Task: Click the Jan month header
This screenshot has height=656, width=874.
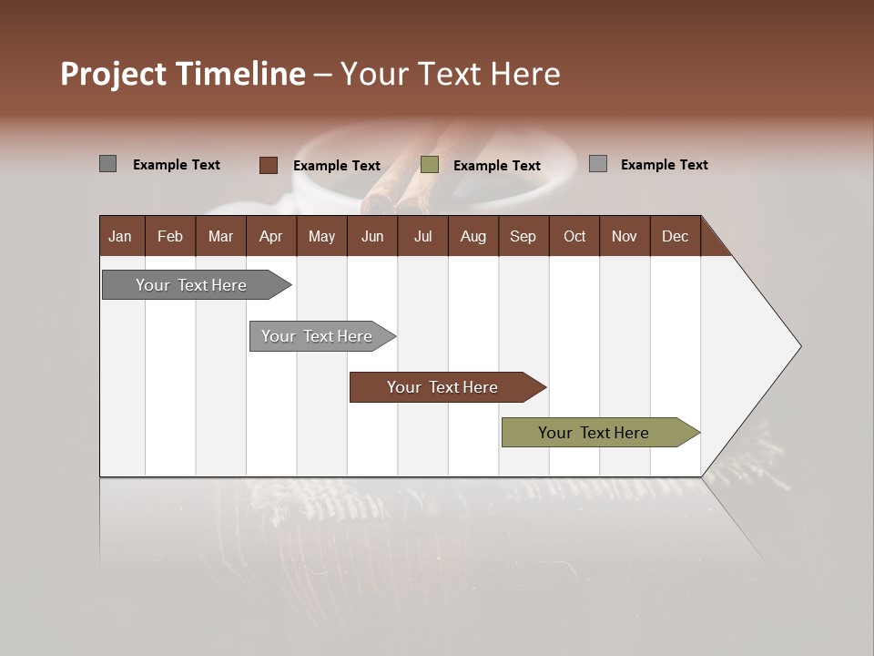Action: (120, 236)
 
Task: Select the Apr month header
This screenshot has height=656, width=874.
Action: (270, 236)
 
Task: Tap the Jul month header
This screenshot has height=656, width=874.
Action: (422, 236)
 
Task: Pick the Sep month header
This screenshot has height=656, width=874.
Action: (523, 236)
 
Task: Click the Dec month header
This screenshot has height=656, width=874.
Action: (675, 236)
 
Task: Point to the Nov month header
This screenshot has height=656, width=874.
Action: (624, 236)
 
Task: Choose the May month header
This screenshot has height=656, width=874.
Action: (321, 236)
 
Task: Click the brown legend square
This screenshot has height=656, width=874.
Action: (268, 165)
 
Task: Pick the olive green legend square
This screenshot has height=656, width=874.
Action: (430, 165)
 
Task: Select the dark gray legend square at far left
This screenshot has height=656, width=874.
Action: (107, 164)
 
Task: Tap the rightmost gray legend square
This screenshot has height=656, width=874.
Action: (598, 164)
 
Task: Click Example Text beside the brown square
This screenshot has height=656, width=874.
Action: (336, 166)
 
